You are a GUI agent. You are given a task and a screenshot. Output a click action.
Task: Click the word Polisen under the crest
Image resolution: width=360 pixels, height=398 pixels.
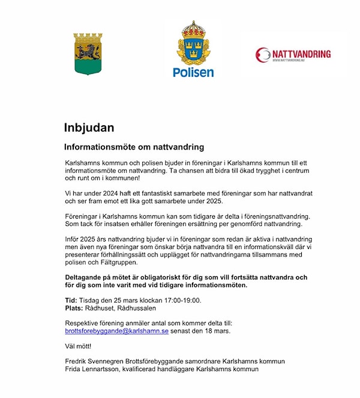click(193, 73)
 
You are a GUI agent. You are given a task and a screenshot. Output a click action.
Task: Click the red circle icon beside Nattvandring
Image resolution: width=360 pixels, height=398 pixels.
click(263, 55)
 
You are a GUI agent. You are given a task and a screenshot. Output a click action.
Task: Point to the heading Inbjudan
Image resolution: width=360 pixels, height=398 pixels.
click(89, 127)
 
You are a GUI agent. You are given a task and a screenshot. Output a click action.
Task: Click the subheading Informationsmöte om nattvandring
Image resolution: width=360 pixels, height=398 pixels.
click(134, 147)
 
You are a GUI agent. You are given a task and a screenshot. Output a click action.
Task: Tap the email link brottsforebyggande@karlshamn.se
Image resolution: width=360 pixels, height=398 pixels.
click(117, 330)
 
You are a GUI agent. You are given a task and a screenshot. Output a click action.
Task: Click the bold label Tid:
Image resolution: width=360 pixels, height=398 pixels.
click(70, 300)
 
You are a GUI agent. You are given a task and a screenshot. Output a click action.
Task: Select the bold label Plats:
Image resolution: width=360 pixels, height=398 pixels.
click(73, 308)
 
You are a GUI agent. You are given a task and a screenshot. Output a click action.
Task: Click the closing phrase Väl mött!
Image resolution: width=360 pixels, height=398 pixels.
click(78, 346)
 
